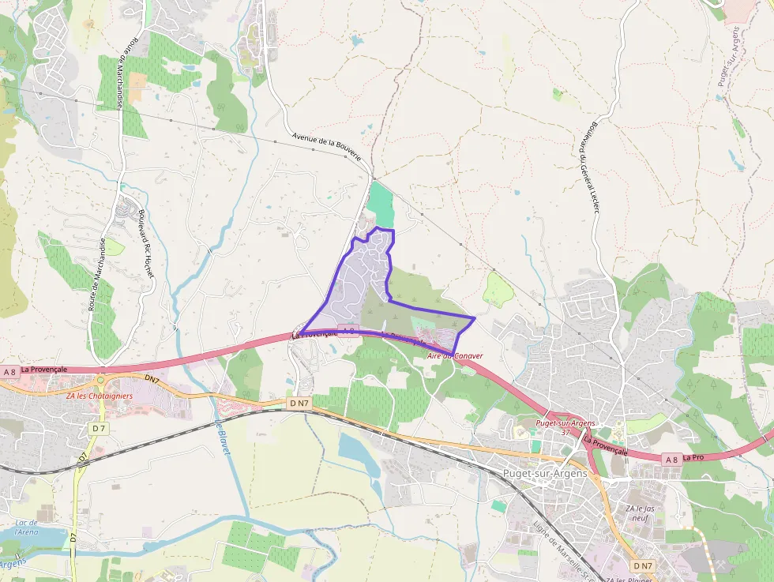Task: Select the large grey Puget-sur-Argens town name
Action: click(x=545, y=473)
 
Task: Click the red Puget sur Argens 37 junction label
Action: click(x=564, y=427)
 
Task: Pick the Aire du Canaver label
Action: click(x=454, y=356)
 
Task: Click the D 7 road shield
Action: click(x=98, y=428)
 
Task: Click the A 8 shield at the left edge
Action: click(x=9, y=371)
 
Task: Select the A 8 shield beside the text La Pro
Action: click(x=671, y=459)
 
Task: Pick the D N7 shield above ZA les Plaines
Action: click(x=642, y=565)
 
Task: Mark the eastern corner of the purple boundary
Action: click(x=474, y=318)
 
